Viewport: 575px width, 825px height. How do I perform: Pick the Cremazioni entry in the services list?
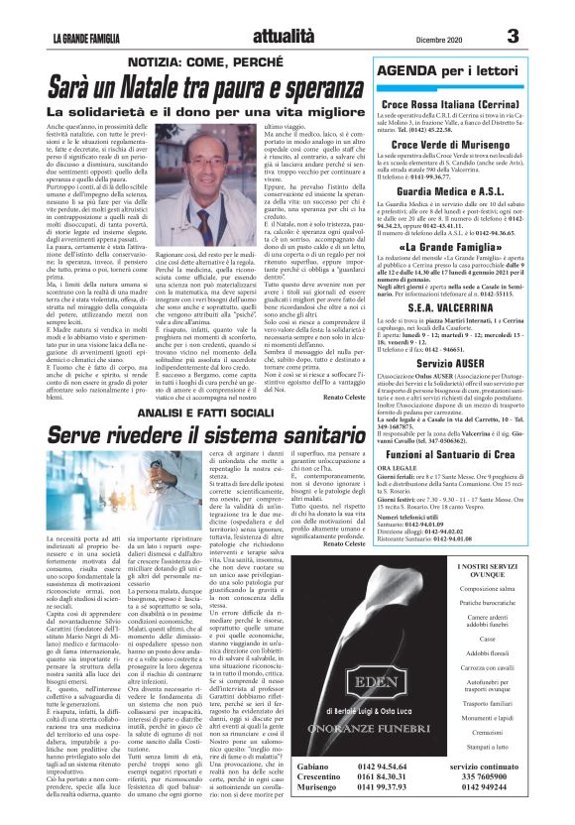pyautogui.click(x=514, y=743)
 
